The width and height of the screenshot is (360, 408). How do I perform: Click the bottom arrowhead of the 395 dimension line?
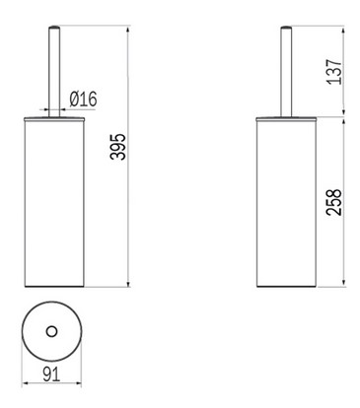tap(129, 283)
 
